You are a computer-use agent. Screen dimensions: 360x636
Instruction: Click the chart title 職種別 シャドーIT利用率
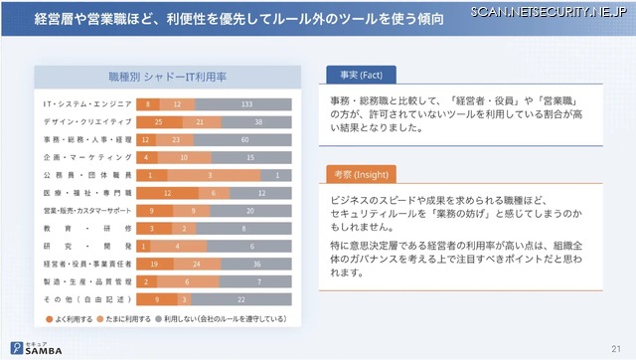point(167,77)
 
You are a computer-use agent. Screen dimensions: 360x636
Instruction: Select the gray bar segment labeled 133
point(245,103)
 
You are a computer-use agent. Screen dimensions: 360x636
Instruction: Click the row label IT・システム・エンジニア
point(85,103)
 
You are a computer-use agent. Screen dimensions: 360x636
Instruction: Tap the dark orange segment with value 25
point(159,121)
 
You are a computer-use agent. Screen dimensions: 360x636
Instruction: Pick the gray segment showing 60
point(245,139)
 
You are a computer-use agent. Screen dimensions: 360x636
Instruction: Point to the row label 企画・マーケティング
point(85,157)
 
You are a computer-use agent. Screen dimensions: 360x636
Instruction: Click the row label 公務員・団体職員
point(85,175)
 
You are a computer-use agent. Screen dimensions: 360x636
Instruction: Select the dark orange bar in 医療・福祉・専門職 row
point(170,193)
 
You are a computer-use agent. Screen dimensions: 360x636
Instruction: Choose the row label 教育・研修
point(85,229)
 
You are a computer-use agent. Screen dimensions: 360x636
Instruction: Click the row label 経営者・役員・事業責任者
point(85,265)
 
